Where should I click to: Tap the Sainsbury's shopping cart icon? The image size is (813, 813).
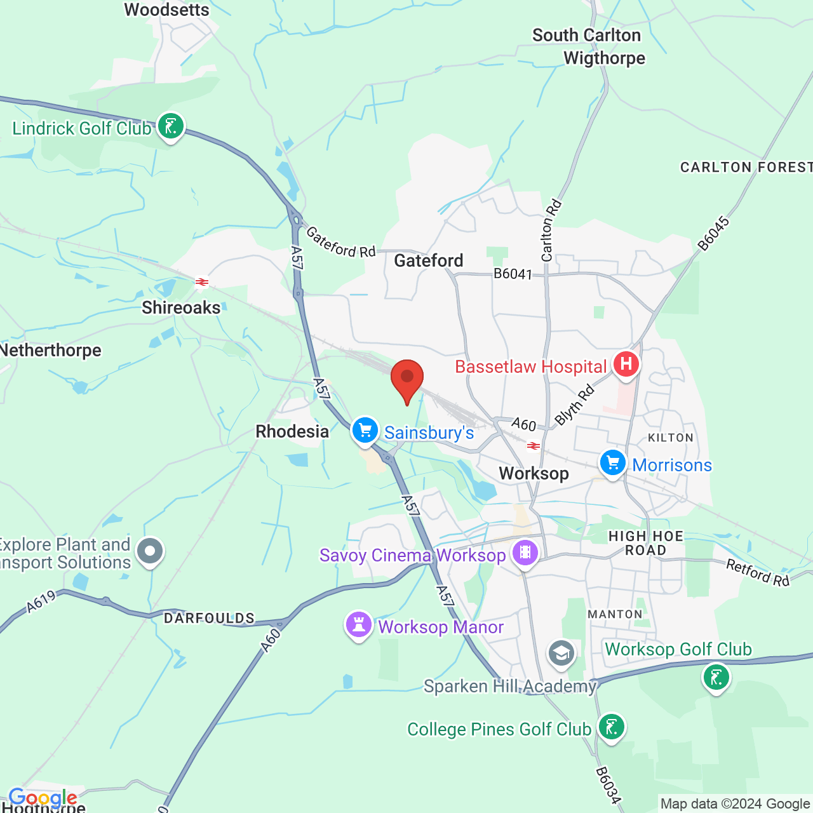(365, 431)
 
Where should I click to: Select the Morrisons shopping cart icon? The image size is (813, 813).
(613, 463)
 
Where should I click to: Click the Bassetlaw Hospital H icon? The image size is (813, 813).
(626, 365)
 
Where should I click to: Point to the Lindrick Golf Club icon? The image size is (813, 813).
(171, 126)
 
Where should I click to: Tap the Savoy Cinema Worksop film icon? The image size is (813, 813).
(525, 553)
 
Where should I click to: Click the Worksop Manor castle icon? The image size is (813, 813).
(359, 625)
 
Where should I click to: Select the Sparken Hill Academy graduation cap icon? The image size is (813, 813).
(561, 654)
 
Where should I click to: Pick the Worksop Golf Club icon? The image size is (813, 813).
(716, 677)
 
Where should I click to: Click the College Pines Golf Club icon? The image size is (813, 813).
(612, 727)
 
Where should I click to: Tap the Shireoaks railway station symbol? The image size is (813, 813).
(202, 281)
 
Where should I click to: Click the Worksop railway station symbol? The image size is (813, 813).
(534, 447)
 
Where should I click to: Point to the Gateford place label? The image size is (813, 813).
(429, 260)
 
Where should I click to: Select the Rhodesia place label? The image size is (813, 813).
(292, 432)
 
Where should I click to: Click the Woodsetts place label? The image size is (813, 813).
(166, 10)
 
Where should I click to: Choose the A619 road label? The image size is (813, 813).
(41, 602)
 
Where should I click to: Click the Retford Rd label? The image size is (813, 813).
(758, 573)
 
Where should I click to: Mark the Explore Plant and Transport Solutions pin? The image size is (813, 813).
(150, 551)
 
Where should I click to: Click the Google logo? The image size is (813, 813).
(43, 798)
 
